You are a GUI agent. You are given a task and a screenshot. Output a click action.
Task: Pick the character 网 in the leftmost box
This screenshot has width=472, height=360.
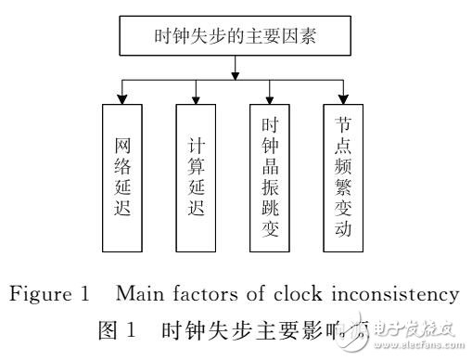coord(122,145)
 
